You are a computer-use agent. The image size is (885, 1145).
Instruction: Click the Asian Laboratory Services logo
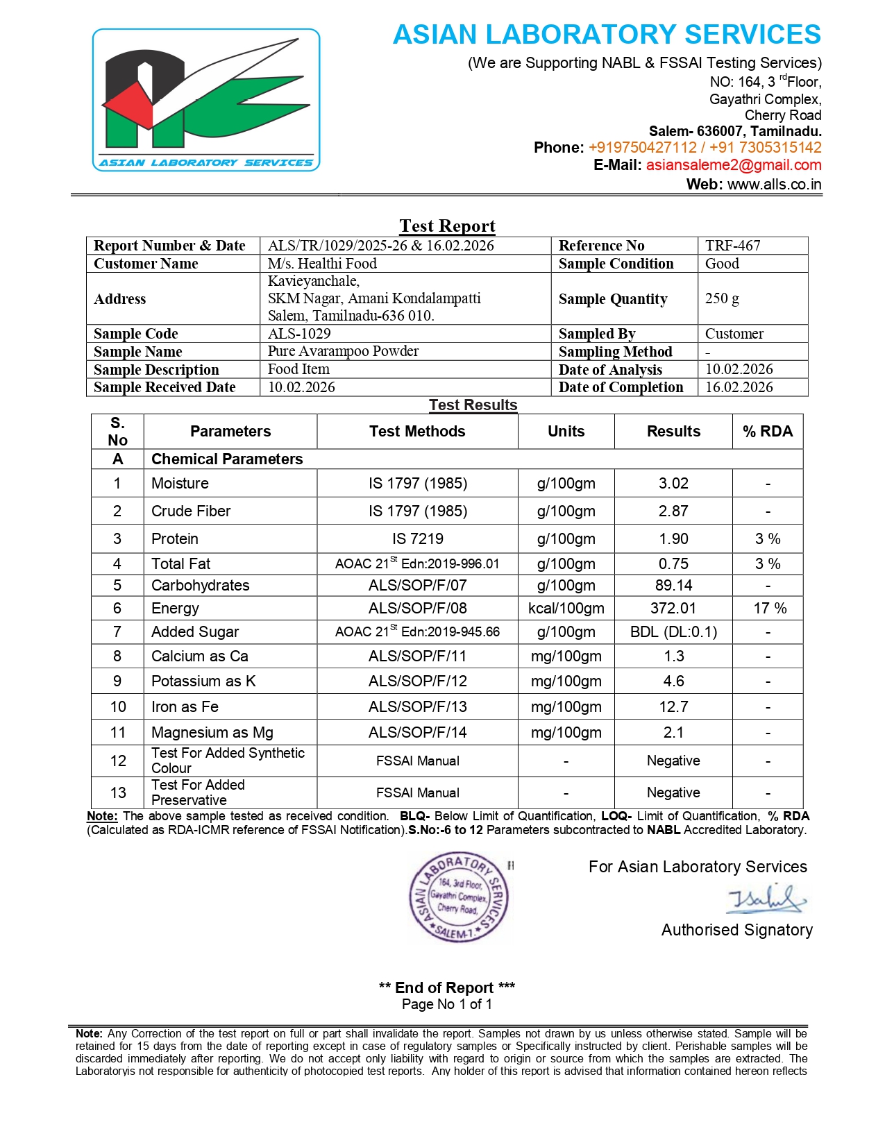206,100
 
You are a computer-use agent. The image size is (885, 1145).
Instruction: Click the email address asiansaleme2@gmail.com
733,165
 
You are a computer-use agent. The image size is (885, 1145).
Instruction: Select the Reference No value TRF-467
732,246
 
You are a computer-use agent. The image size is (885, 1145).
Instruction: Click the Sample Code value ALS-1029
299,334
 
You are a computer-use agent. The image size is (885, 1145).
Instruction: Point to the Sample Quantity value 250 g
722,298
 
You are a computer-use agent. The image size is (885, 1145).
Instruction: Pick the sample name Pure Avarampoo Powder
343,351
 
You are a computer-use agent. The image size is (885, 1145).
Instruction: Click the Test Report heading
447,226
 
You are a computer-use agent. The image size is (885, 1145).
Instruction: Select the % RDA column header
767,432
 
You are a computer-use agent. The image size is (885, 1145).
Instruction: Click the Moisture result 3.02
673,484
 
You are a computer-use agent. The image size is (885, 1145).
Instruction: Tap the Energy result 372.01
673,609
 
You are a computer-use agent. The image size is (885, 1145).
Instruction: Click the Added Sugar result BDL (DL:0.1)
673,632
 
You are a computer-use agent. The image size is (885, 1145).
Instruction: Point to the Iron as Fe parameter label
185,707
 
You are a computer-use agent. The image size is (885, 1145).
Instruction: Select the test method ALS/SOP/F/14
417,733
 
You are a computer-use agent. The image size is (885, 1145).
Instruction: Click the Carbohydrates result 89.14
673,586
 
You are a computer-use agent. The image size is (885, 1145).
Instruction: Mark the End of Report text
446,987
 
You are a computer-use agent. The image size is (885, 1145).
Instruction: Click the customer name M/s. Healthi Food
322,264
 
